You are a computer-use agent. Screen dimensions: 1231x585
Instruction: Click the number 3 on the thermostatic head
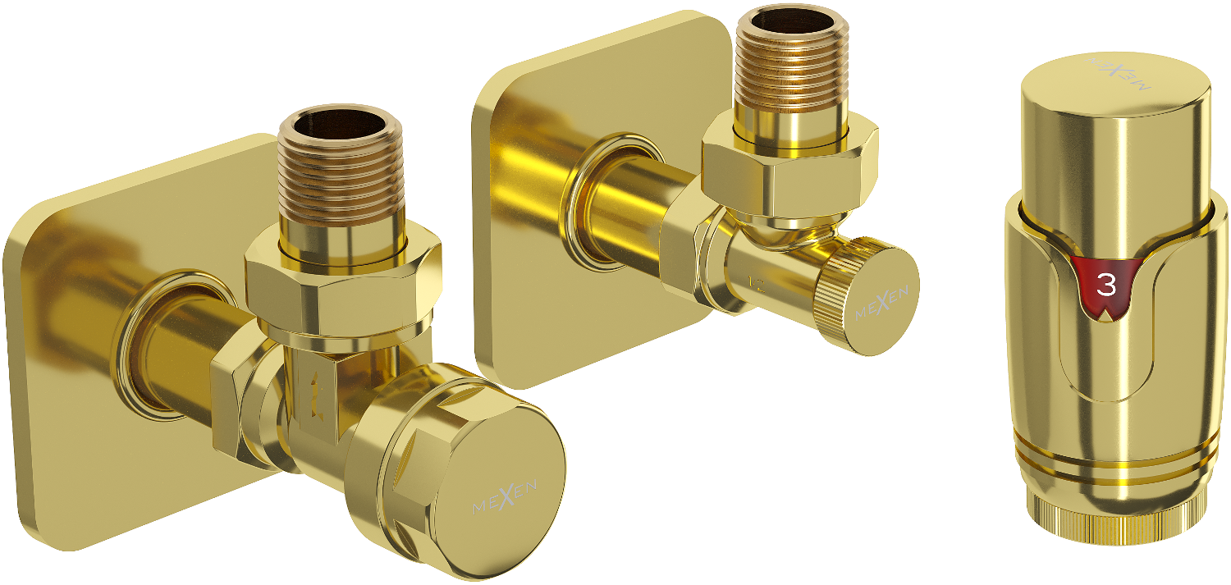[1106, 285]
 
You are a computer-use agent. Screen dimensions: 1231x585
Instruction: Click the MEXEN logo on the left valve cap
[505, 496]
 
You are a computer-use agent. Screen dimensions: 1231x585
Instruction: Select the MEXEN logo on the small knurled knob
[881, 304]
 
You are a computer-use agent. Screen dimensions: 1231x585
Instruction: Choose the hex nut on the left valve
[343, 286]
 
